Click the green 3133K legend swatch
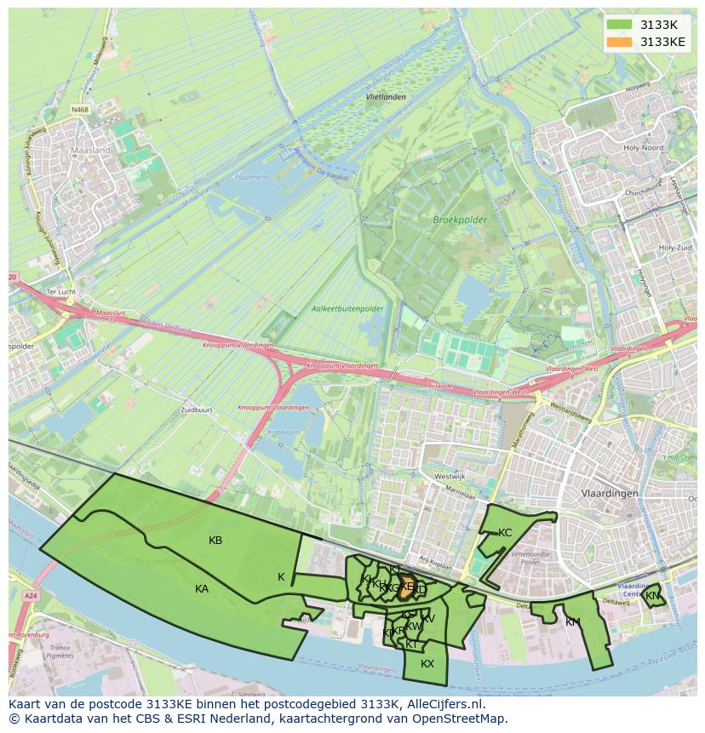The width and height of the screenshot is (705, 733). coord(620,25)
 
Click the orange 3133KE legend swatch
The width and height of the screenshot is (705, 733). coord(620,42)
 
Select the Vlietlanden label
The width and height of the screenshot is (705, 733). coord(385,97)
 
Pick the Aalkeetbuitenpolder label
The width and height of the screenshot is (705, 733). coord(347,308)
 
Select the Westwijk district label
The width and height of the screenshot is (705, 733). coord(449,477)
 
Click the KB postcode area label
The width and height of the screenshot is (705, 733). coord(215,541)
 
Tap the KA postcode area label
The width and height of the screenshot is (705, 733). coord(202,588)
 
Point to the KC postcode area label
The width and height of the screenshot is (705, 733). coord(505,533)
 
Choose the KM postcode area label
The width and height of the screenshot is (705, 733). coord(572,622)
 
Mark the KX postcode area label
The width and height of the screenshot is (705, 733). coord(427,664)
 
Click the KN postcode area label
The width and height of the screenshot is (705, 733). coord(652,596)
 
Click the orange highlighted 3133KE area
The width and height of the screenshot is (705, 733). coord(406,586)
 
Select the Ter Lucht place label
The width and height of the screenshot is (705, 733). coord(61,292)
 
